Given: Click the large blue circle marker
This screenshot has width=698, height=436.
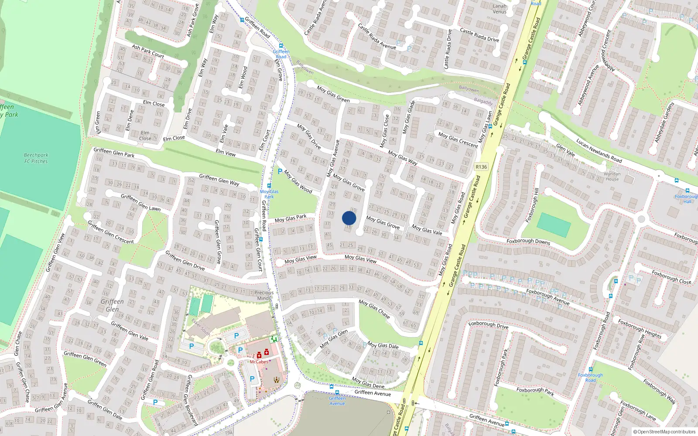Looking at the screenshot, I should (x=349, y=218).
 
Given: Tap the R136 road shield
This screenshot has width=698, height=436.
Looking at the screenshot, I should (x=481, y=167).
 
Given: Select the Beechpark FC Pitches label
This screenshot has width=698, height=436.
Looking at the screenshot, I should (x=36, y=158).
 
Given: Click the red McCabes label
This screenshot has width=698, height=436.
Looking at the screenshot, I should (x=259, y=362).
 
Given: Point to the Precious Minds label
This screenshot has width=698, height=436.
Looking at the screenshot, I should (x=264, y=296).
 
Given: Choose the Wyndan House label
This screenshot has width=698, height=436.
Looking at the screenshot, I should (x=612, y=176).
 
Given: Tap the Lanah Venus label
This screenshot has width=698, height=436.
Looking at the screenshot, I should (x=500, y=9).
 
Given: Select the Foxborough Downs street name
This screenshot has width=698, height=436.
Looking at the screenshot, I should (x=528, y=241).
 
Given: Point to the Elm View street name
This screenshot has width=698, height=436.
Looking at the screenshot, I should (x=226, y=152).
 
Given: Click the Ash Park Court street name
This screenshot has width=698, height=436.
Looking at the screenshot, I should (x=148, y=51).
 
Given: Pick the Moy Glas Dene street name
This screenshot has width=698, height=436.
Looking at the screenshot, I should (x=368, y=383).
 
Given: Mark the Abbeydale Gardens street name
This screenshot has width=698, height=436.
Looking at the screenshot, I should (x=664, y=122).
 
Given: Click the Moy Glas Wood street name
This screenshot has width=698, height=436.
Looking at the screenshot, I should (x=298, y=181).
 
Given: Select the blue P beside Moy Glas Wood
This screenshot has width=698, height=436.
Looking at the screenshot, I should (x=280, y=172).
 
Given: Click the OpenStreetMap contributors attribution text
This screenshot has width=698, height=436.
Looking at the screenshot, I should (x=664, y=432).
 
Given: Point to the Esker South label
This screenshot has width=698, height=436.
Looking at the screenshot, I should (x=201, y=327).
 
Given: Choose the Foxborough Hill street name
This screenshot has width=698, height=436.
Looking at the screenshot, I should (x=533, y=205).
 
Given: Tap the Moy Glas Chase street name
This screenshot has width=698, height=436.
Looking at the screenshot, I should (x=374, y=309).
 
